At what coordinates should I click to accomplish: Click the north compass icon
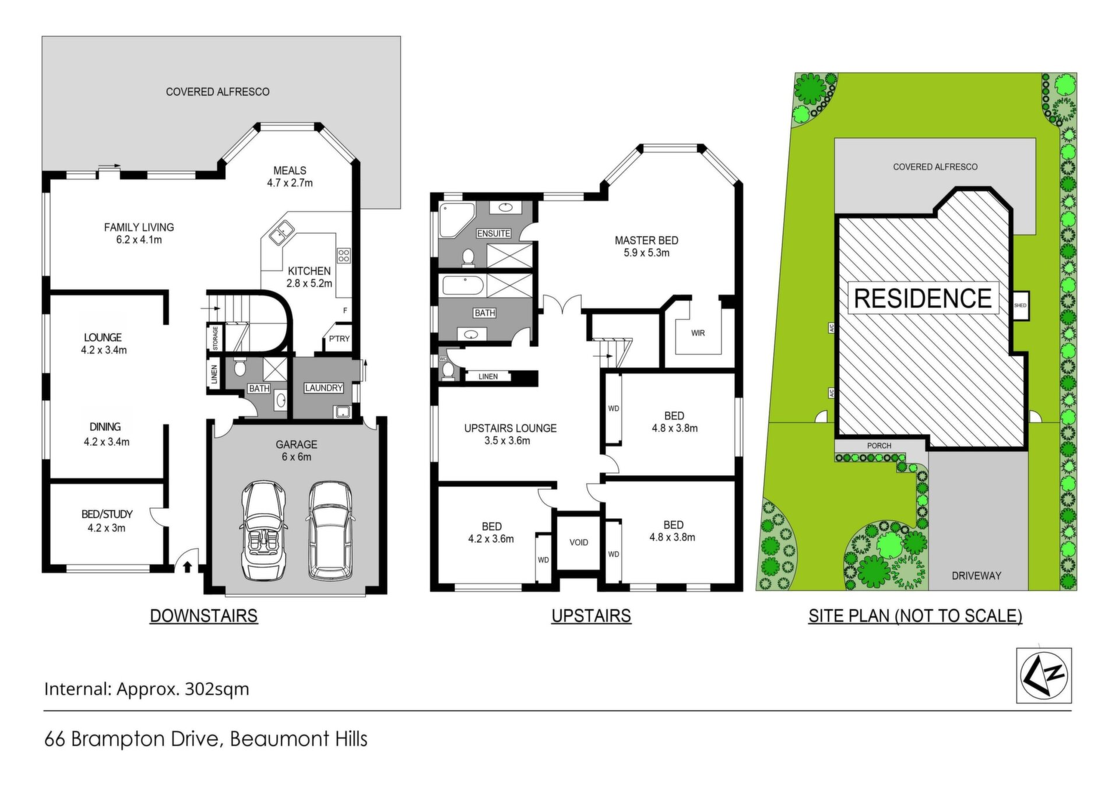click(x=1044, y=675)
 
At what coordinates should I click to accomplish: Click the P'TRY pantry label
click(x=339, y=339)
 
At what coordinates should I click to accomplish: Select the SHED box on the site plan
click(x=1021, y=305)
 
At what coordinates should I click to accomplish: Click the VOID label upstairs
click(x=579, y=543)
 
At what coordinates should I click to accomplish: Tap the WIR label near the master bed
click(x=698, y=333)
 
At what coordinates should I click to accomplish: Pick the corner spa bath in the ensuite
click(x=458, y=220)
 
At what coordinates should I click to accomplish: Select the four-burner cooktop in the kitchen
click(x=344, y=255)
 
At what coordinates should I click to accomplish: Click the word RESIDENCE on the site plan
click(x=923, y=298)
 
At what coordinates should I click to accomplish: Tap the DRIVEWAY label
click(x=976, y=576)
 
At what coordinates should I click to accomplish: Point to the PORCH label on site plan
click(x=879, y=446)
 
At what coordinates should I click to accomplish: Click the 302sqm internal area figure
click(x=217, y=689)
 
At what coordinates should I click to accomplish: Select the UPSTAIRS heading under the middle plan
click(x=591, y=616)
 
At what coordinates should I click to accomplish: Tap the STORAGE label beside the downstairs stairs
click(x=215, y=338)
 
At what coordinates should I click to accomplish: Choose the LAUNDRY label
click(x=323, y=388)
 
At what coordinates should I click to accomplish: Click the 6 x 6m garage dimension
click(x=297, y=457)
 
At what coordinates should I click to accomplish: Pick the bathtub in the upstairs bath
click(x=463, y=286)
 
